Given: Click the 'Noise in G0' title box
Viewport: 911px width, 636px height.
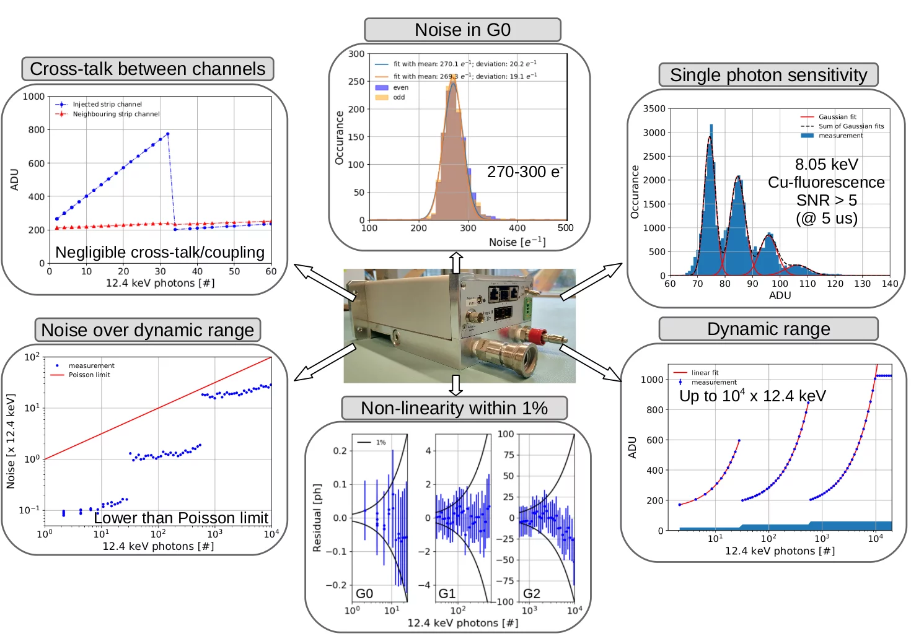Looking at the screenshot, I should (x=462, y=30).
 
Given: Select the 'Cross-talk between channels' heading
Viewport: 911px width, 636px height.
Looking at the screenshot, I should (x=147, y=69).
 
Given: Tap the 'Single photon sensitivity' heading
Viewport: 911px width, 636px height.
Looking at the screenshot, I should (x=768, y=75).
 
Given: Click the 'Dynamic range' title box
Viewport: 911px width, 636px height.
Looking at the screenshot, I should (x=768, y=329).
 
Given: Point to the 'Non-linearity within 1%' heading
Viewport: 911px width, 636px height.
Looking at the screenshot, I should (x=454, y=408).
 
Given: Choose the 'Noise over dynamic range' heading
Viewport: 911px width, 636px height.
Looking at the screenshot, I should (x=147, y=330).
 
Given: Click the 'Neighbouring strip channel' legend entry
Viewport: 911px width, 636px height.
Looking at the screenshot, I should (x=116, y=114).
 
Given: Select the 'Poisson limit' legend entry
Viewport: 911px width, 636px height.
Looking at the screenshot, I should (x=89, y=375).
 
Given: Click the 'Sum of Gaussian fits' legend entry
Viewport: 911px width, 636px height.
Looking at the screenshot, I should (x=851, y=126).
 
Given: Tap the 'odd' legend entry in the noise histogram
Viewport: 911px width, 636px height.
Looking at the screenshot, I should (x=398, y=97).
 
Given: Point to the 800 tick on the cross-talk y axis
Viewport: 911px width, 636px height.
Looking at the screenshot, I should (x=36, y=130).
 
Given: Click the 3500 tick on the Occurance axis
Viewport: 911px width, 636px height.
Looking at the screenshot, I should (x=654, y=109).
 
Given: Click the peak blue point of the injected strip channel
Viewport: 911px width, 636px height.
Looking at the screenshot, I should (x=167, y=134).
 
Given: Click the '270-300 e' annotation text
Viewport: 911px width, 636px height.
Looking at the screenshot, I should (x=524, y=172).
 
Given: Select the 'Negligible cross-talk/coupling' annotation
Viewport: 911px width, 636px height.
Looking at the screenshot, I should (x=160, y=252).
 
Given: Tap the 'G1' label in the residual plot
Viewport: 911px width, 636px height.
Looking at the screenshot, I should (x=447, y=593).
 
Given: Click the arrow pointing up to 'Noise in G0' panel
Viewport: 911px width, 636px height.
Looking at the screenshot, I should (x=456, y=262).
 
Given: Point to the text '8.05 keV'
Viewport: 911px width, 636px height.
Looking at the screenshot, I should (x=826, y=164).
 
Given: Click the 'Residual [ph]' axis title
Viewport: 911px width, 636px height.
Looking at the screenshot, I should (x=317, y=518).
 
